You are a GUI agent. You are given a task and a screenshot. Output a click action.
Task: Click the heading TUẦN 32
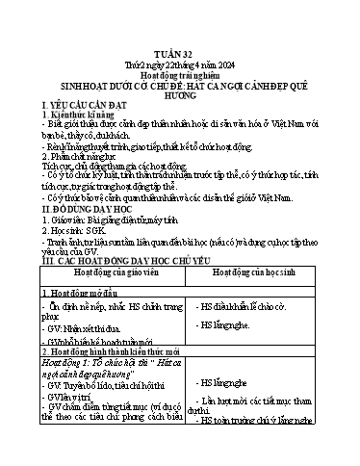pos(179,57)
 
